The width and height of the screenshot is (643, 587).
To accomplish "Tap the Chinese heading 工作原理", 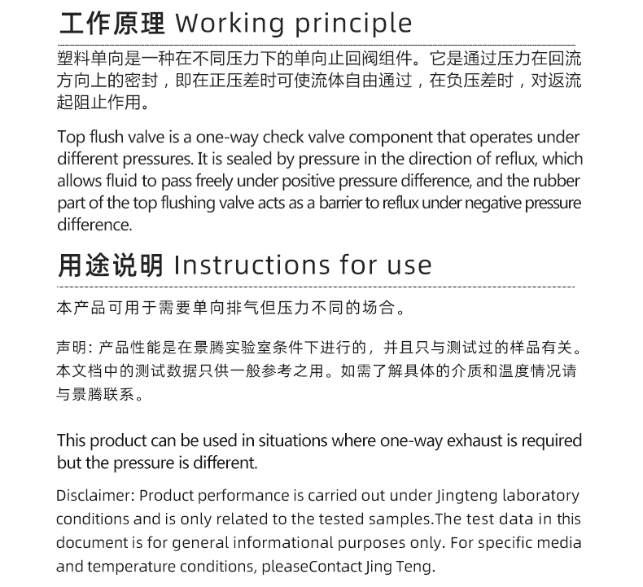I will pos(112,24).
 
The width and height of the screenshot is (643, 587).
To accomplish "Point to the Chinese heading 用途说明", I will pos(112,265).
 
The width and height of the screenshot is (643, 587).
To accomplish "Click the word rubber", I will pos(559,181).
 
